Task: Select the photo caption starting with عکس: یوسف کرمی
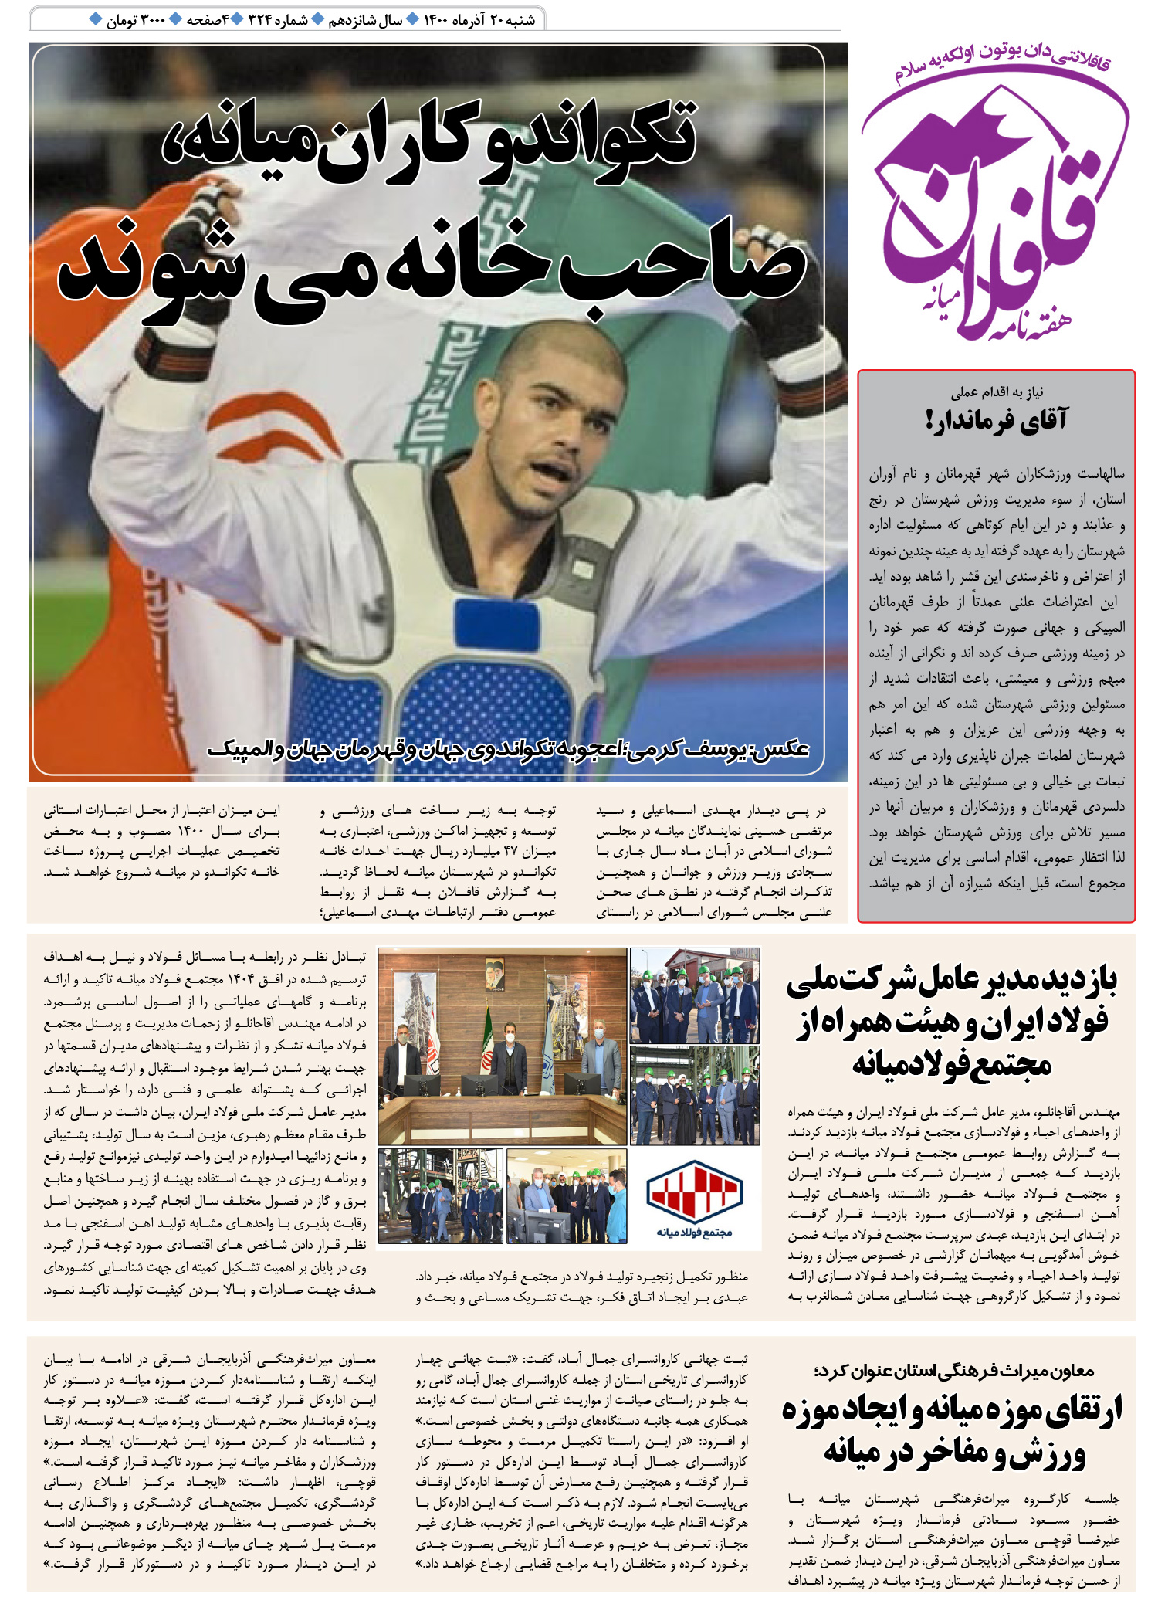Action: [x=510, y=749]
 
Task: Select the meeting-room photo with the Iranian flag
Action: [x=502, y=1046]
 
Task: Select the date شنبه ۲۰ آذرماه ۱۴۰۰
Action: [x=479, y=20]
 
